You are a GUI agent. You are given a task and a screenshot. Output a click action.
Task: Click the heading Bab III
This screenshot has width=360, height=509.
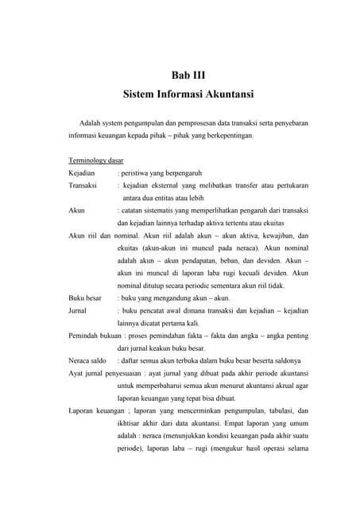tap(188, 76)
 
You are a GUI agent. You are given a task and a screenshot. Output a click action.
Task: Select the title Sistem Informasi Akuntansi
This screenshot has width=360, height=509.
tap(188, 95)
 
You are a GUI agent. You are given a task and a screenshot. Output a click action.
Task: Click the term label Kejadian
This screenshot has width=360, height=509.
tap(82, 172)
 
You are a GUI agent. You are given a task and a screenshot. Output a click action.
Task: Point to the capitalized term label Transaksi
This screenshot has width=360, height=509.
tap(83, 185)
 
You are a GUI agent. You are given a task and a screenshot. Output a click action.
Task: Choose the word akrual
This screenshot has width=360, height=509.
tap(286, 385)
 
